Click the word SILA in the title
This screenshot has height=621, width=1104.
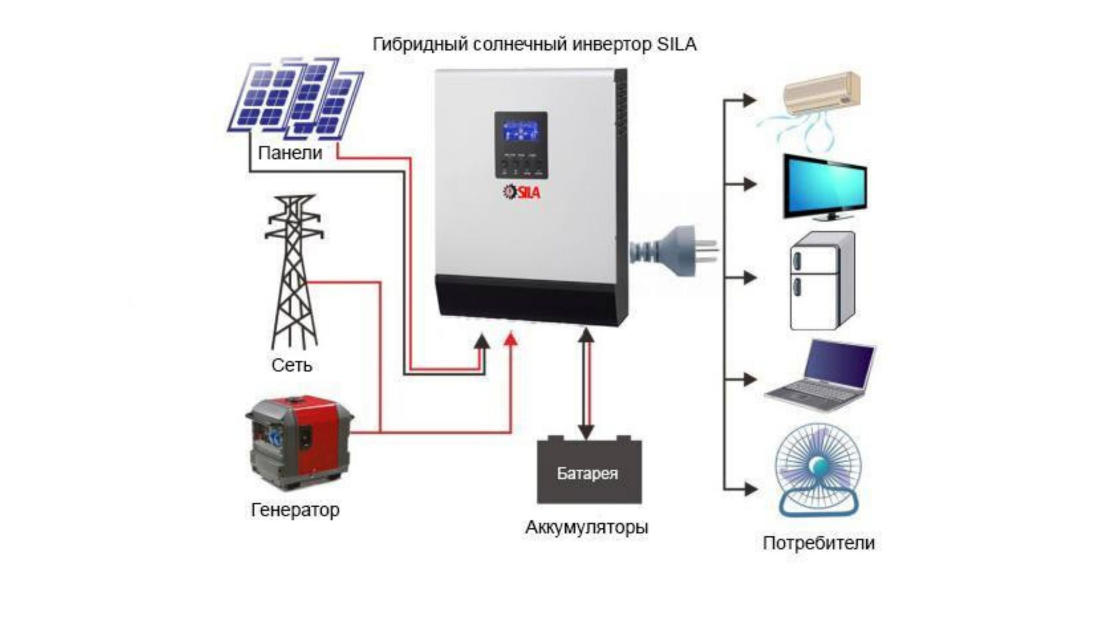pos(677,45)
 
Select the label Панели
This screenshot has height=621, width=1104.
pos(290,153)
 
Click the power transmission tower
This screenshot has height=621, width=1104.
pos(294,272)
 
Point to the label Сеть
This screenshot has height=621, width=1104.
pos(292,366)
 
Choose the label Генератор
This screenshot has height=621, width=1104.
pos(295,510)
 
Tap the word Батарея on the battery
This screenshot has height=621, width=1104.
pos(587,474)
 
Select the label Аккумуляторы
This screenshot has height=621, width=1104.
pos(586,527)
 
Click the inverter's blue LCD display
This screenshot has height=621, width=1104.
pos(521,133)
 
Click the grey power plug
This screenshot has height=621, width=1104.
pos(673,251)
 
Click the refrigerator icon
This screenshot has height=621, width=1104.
pos(822,281)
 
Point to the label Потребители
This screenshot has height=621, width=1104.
pos(819,543)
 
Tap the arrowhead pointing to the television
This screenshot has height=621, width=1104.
pos(750,185)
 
